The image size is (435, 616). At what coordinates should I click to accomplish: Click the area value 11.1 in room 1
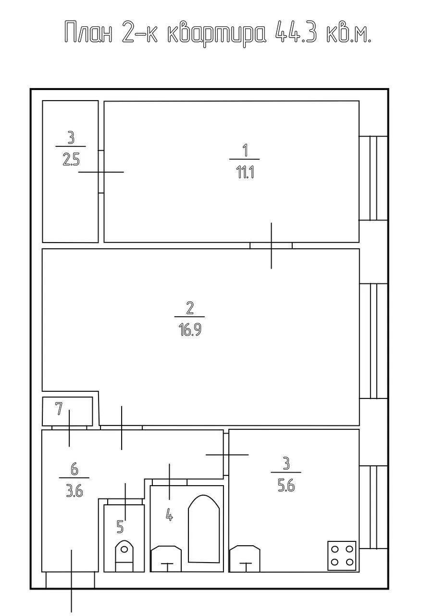(245, 172)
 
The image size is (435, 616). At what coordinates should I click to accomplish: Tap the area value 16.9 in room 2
(190, 330)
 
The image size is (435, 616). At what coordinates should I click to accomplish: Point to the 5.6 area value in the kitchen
(286, 486)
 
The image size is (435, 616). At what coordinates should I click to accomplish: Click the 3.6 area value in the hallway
(75, 491)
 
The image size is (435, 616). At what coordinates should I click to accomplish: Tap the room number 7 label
(59, 409)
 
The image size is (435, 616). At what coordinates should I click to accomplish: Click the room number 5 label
(120, 526)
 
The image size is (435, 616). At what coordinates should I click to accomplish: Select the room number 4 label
(170, 514)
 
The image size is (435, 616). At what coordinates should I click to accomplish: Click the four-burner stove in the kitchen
(342, 555)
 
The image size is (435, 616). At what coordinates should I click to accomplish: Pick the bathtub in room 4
(204, 529)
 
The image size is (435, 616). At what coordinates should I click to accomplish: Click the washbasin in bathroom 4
(166, 559)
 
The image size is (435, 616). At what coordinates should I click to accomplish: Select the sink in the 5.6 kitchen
(245, 559)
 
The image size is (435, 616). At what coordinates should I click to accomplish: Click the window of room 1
(373, 178)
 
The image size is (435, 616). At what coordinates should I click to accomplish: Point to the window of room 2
(373, 341)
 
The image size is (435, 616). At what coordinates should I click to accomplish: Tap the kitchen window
(373, 507)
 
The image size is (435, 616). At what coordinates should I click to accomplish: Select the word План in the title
(88, 33)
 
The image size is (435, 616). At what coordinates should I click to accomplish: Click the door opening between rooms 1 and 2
(271, 245)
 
